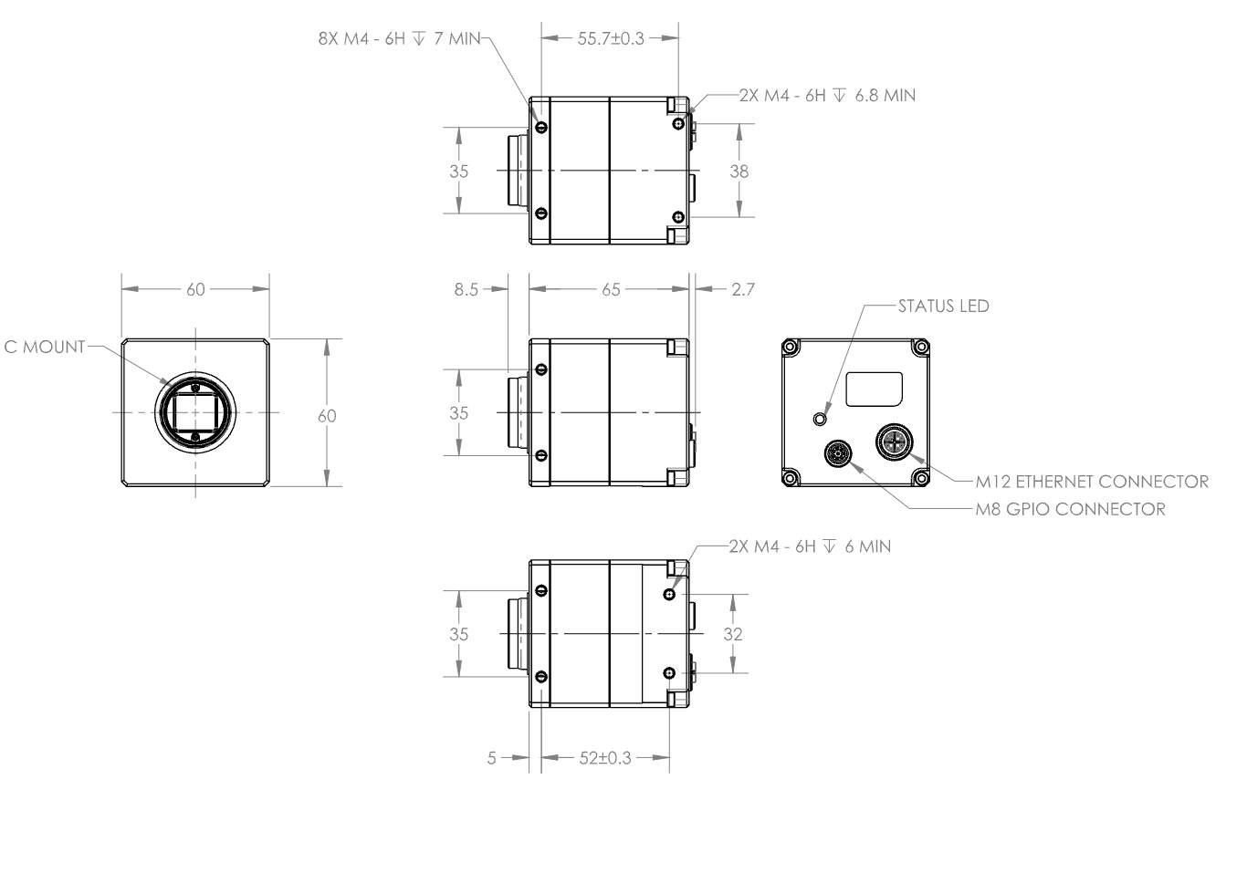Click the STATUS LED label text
(943, 307)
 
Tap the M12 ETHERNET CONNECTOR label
(1091, 482)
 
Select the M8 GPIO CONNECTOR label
(1070, 509)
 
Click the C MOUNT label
(44, 347)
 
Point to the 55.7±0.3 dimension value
(610, 38)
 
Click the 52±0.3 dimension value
(603, 758)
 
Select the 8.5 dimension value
(466, 289)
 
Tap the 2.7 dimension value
(743, 289)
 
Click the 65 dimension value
(610, 289)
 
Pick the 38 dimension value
(739, 171)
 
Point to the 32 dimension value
(733, 634)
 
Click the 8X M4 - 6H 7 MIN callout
(399, 39)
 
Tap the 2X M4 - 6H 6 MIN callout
(810, 546)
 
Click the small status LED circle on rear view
(819, 418)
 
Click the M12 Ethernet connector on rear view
(893, 442)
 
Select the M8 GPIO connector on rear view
(838, 452)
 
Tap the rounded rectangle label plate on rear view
(874, 389)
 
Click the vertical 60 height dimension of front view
(326, 416)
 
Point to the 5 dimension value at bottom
(491, 758)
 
